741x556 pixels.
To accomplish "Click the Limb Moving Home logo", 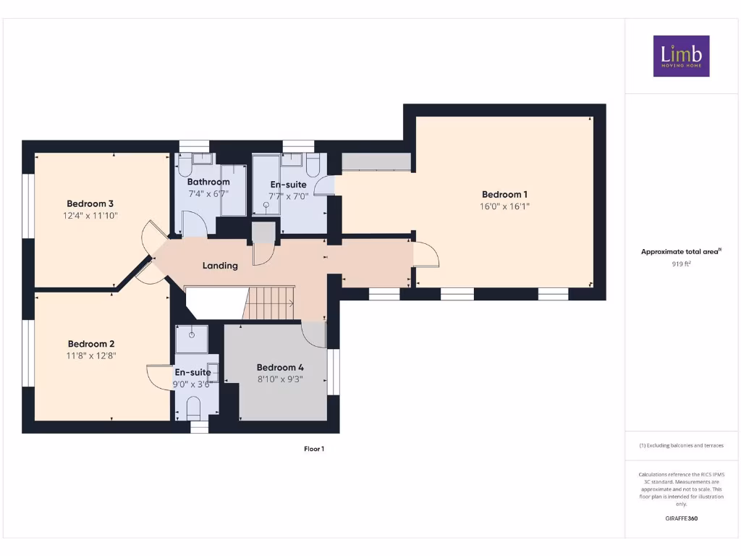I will [x=681, y=56].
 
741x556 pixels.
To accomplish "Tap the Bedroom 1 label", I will [x=504, y=194].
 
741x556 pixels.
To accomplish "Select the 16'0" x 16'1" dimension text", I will [x=504, y=206].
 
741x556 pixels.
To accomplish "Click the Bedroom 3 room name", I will [x=90, y=203].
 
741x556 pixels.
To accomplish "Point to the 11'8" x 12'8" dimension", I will [x=91, y=355].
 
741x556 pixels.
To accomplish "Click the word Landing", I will [x=220, y=266].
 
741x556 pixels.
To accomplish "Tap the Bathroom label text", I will [x=208, y=182].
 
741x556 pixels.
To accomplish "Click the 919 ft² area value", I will [x=681, y=264].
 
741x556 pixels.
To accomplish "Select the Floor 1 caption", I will [x=313, y=449].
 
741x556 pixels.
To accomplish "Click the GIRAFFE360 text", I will [x=681, y=518].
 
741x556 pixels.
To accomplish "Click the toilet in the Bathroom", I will [x=185, y=166].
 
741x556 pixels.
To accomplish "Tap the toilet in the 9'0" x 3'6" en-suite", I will [x=194, y=410].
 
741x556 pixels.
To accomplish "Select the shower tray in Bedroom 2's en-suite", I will [x=192, y=338].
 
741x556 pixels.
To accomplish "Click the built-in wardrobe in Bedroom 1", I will [x=376, y=161].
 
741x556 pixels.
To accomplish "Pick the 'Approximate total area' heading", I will [x=681, y=252].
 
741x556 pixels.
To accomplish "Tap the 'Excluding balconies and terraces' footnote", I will [x=681, y=446].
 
